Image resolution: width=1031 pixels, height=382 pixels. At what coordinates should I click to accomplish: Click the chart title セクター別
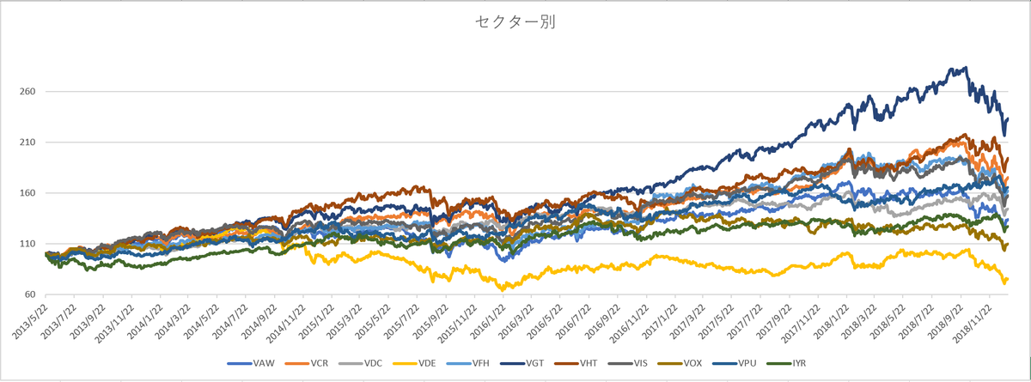tap(515, 23)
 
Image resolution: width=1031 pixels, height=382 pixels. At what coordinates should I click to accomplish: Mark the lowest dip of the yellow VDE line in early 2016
tap(503, 289)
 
